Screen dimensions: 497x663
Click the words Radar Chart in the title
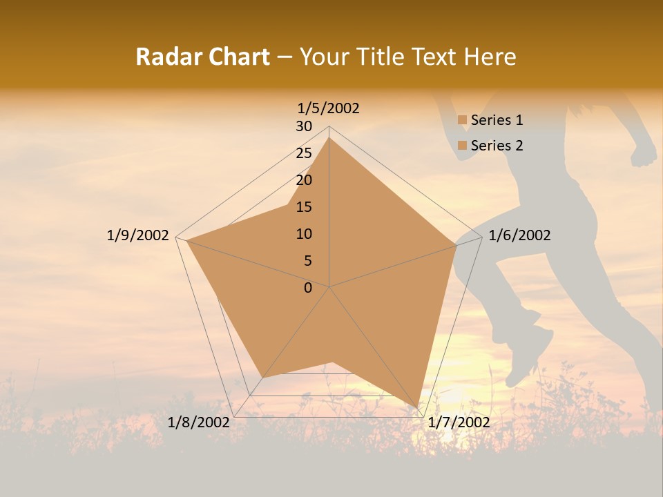click(x=202, y=57)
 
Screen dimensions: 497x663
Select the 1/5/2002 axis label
click(x=329, y=108)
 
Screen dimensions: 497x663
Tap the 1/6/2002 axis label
click(x=519, y=235)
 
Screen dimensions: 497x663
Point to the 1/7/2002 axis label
click(x=459, y=422)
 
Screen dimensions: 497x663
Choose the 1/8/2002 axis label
click(x=199, y=422)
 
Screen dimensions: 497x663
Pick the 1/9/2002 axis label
click(x=138, y=235)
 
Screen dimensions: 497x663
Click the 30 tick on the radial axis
click(x=304, y=126)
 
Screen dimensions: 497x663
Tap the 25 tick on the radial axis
click(x=304, y=153)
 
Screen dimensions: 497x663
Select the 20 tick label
click(x=304, y=180)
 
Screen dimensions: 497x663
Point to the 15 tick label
click(x=304, y=207)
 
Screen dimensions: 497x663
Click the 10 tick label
click(x=304, y=234)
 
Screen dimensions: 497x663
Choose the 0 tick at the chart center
click(x=308, y=288)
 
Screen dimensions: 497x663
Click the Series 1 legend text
click(x=497, y=120)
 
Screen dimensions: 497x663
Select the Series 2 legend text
click(x=497, y=146)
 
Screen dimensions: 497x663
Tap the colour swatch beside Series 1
click(x=462, y=120)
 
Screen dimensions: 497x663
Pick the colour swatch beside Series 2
click(x=462, y=146)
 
